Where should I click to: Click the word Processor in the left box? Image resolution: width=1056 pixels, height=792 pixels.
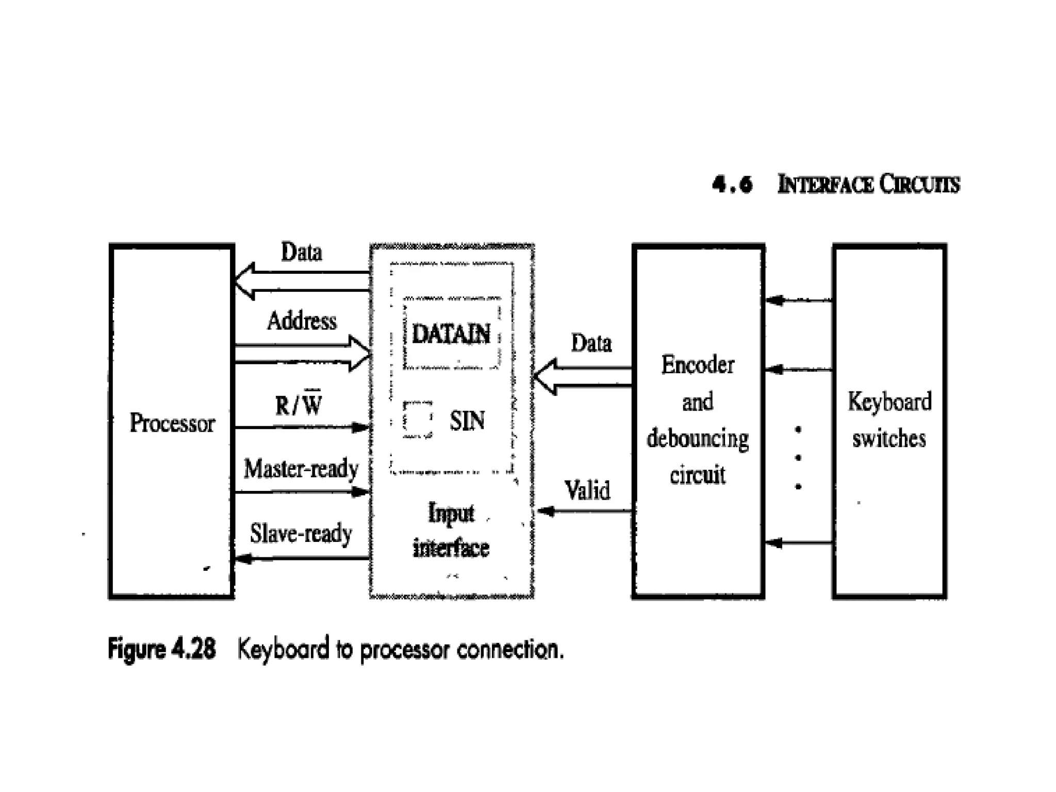click(172, 423)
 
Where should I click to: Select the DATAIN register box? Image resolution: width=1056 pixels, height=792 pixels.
click(451, 334)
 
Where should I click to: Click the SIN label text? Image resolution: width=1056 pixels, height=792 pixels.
click(467, 421)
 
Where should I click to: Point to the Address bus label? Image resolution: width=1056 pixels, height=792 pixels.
click(302, 321)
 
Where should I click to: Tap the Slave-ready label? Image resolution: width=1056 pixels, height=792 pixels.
click(301, 533)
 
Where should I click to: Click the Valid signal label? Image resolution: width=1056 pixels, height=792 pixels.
click(587, 490)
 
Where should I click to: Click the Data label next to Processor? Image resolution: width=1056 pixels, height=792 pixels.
click(302, 252)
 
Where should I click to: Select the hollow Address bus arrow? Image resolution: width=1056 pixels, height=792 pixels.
click(303, 354)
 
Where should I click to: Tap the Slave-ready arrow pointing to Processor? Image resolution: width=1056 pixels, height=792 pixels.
click(302, 558)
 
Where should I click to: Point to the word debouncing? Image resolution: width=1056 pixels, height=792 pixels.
click(698, 439)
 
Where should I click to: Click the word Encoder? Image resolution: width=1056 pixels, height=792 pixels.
click(698, 365)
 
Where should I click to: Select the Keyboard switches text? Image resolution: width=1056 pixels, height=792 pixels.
click(889, 420)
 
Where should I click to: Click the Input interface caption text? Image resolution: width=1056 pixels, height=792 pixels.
click(451, 530)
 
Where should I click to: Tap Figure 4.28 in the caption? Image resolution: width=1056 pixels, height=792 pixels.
click(162, 649)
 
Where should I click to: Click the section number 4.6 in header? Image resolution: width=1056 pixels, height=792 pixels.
click(732, 184)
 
